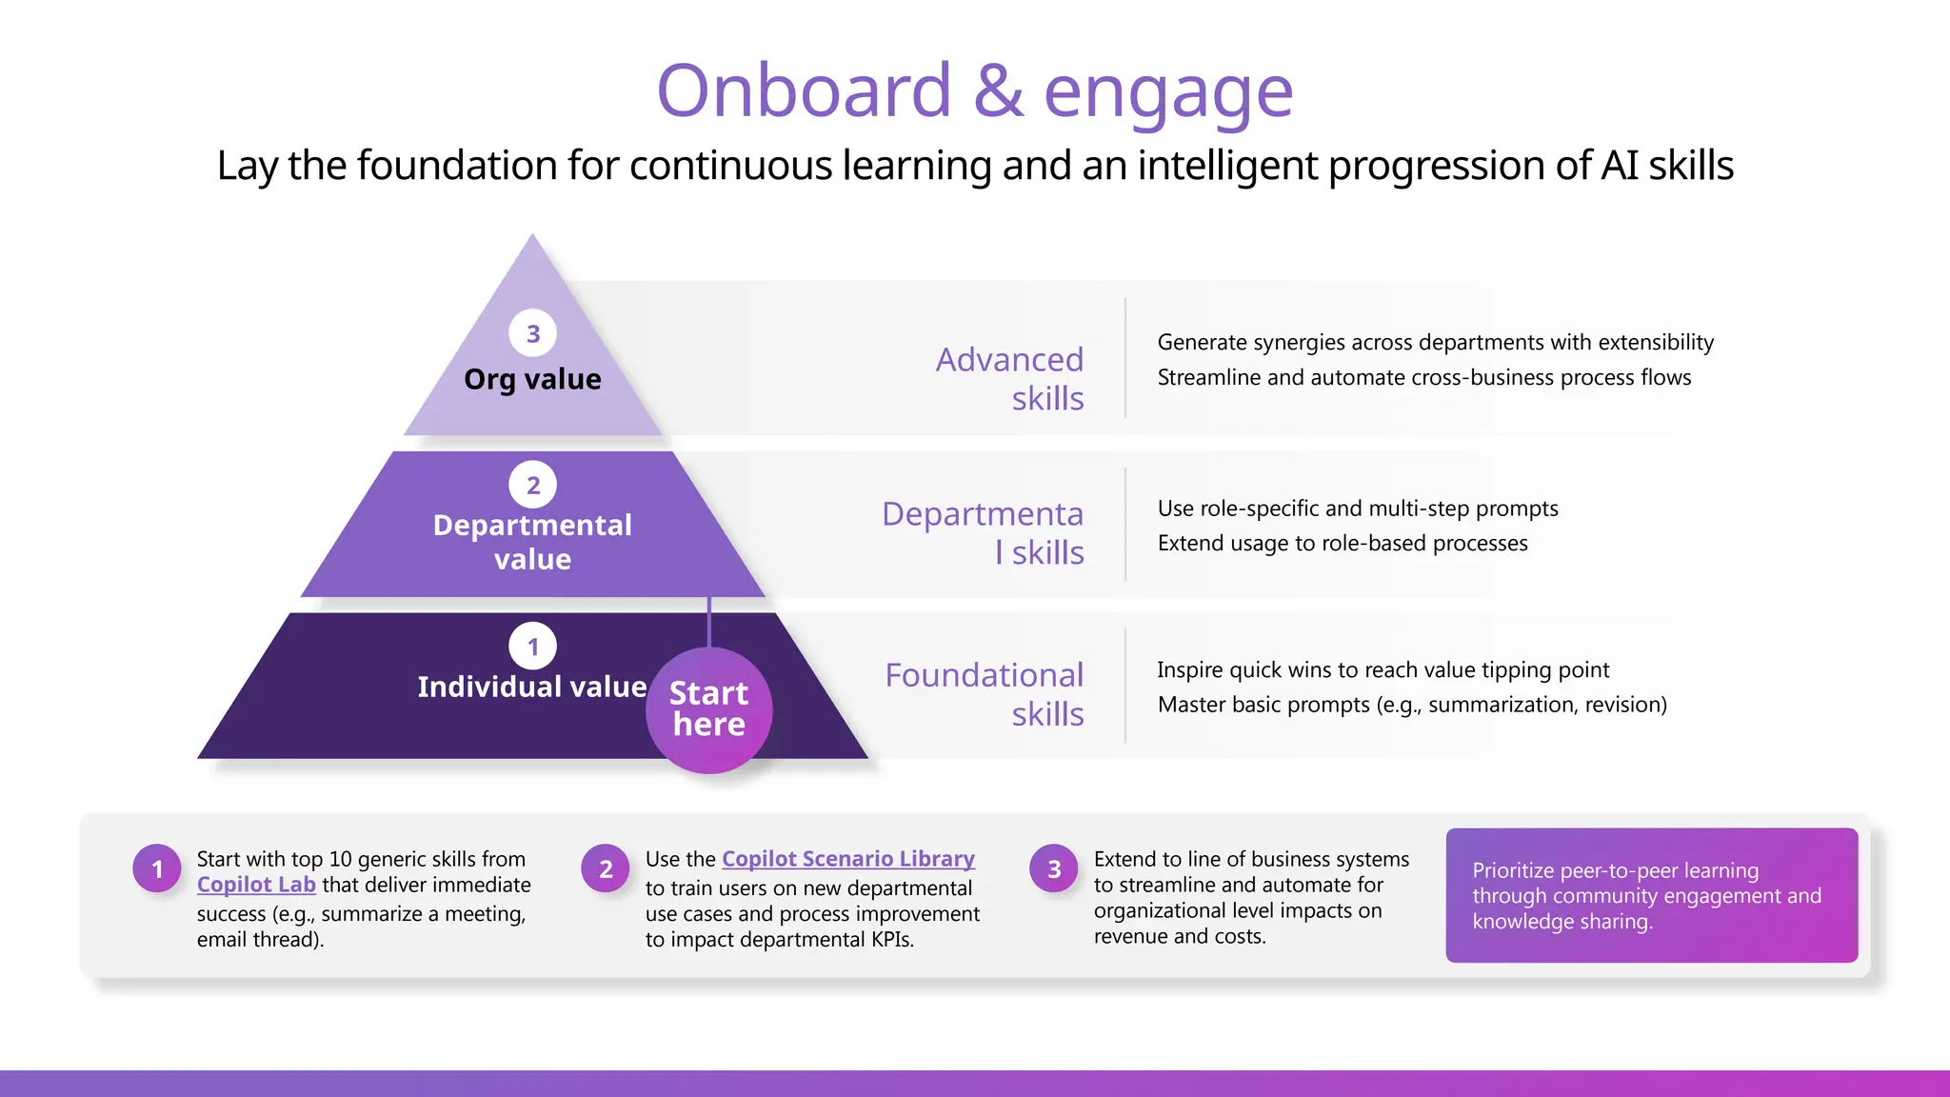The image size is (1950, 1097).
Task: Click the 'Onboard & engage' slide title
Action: [974, 91]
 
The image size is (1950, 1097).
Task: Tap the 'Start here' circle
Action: [708, 709]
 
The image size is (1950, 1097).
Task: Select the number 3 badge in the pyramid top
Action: [533, 333]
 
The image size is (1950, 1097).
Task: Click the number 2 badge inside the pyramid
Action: [533, 485]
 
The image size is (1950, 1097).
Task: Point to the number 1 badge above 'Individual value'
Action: [533, 647]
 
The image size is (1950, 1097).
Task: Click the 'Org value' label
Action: [532, 379]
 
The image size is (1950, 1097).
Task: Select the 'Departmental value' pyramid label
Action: [532, 542]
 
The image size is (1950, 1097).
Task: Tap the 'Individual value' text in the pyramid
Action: [531, 687]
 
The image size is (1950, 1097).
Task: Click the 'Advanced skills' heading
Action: [1009, 379]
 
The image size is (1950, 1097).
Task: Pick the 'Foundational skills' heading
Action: [985, 694]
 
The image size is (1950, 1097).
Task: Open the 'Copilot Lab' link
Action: [256, 885]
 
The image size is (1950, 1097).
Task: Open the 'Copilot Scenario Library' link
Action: [847, 859]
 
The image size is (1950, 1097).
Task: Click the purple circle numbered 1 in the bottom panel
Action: [157, 868]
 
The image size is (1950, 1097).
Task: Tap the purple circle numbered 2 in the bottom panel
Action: [606, 868]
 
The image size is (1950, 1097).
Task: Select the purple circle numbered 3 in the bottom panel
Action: [1054, 868]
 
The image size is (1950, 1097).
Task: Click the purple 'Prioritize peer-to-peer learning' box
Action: [1651, 895]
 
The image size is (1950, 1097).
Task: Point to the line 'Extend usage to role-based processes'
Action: [1343, 544]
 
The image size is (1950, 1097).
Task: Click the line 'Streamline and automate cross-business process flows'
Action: [1423, 378]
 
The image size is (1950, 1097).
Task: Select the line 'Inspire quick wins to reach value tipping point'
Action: [1383, 670]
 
